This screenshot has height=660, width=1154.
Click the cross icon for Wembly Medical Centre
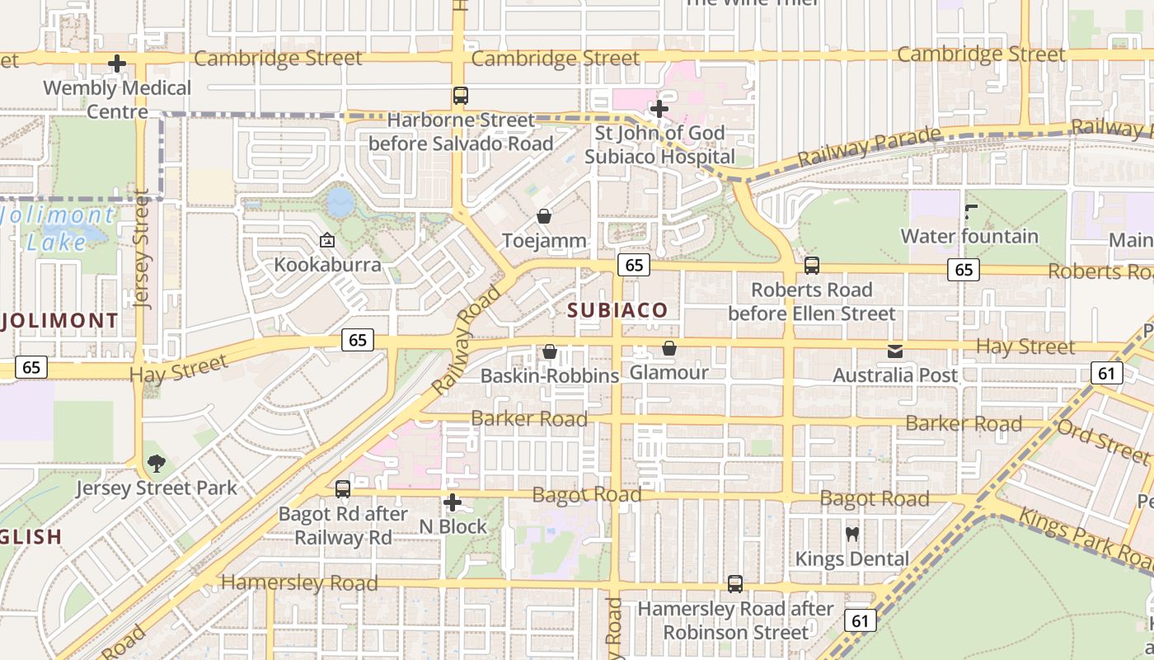pyautogui.click(x=117, y=63)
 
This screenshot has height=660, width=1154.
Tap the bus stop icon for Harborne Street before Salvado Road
pyautogui.click(x=461, y=96)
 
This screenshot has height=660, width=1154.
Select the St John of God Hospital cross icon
pyautogui.click(x=659, y=108)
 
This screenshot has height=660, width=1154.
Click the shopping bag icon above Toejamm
pyautogui.click(x=544, y=216)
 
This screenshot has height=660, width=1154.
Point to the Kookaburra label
pyautogui.click(x=327, y=265)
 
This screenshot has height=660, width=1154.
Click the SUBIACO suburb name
pyautogui.click(x=617, y=310)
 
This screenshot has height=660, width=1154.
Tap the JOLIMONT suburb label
pyautogui.click(x=59, y=320)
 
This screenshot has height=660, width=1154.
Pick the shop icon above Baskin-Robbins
pyautogui.click(x=550, y=351)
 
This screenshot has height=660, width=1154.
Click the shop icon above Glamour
pyautogui.click(x=669, y=348)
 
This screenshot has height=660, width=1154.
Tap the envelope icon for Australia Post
pyautogui.click(x=895, y=351)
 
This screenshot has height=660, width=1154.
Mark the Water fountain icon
pyautogui.click(x=970, y=212)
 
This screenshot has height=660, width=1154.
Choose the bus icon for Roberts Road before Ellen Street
pyautogui.click(x=812, y=266)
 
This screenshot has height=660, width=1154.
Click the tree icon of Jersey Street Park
pyautogui.click(x=156, y=464)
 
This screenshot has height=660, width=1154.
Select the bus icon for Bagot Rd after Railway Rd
pyautogui.click(x=343, y=489)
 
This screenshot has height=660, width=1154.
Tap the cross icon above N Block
pyautogui.click(x=452, y=502)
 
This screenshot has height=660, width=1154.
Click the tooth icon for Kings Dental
pyautogui.click(x=852, y=535)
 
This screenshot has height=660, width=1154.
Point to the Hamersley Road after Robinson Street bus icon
pyautogui.click(x=735, y=584)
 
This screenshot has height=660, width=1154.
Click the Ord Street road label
pyautogui.click(x=1102, y=441)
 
